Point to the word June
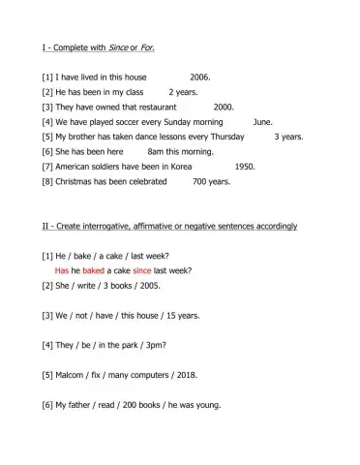(262, 122)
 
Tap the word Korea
(181, 167)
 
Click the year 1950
(245, 167)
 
